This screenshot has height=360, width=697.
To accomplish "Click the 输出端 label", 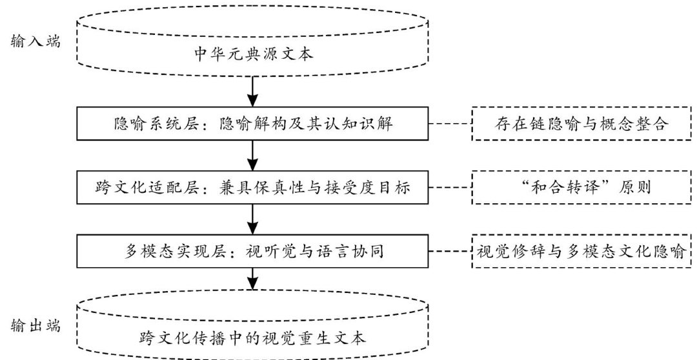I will tap(36, 326).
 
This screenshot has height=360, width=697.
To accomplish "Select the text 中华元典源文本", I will tap(254, 54).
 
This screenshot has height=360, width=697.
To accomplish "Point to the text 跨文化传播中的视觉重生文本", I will tap(254, 337).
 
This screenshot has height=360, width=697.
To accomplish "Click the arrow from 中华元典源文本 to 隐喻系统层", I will tap(254, 91).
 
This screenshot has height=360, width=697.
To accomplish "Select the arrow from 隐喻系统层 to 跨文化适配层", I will tap(254, 155).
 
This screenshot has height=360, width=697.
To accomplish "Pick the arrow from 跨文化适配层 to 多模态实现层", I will tap(254, 219).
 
